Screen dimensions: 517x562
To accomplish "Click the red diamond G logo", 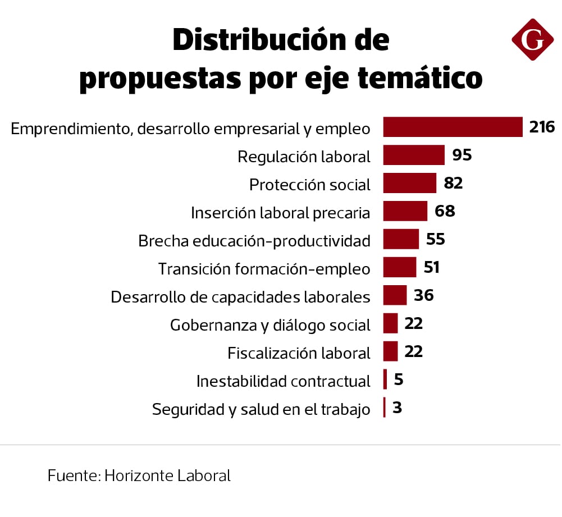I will point(532,39).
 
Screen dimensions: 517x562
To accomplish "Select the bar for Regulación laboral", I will point(414,155).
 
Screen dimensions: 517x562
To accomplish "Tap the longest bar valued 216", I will point(453,127).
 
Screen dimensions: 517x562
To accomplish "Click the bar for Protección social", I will point(410,184).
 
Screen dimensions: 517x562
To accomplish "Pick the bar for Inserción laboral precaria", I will point(405,212).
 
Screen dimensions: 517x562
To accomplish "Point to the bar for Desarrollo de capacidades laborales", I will point(395,295).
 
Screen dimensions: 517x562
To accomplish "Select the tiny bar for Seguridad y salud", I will point(385,408).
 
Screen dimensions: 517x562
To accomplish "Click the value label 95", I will point(462,155).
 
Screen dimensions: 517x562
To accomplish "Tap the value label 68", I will point(445,212).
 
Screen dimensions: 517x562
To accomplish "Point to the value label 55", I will point(435,240).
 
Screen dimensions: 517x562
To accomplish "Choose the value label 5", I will point(399,380).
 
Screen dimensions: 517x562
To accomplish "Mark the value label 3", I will point(397,408).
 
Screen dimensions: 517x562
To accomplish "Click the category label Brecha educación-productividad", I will point(254,241).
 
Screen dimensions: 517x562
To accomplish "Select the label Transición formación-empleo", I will point(264,269).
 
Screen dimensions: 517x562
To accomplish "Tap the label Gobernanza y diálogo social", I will point(270,325).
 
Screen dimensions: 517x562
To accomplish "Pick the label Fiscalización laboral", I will point(299,353).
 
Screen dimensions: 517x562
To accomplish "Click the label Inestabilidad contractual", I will point(283,381).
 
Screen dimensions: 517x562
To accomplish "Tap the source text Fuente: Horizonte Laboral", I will point(139,475).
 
